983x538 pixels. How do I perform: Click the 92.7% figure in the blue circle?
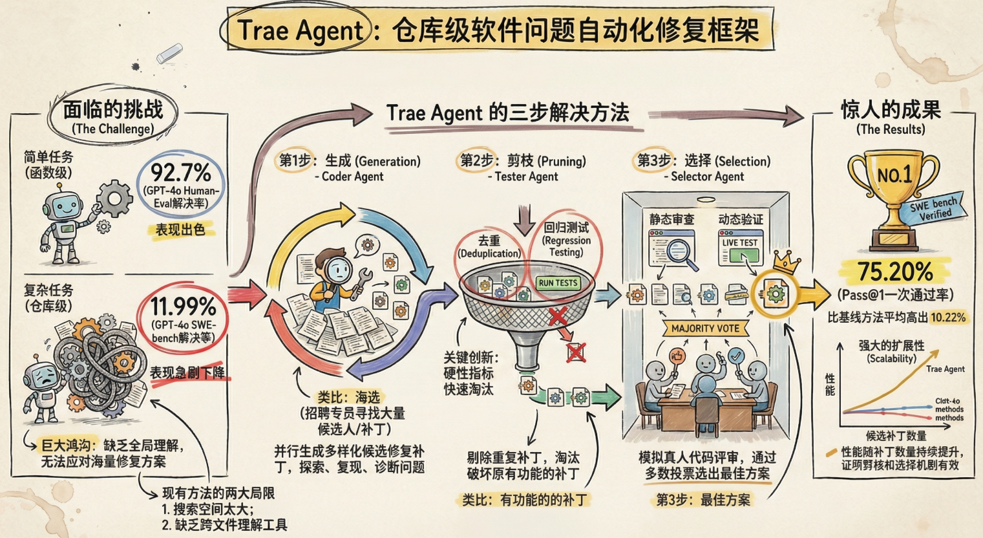tap(181, 173)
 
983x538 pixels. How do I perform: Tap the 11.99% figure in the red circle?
tap(183, 307)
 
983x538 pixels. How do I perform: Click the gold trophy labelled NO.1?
tap(894, 194)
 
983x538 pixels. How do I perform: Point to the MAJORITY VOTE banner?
tap(705, 328)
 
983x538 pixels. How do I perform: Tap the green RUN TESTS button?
tap(558, 283)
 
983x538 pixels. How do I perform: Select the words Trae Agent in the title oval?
tap(300, 30)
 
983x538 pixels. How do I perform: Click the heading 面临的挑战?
tap(113, 109)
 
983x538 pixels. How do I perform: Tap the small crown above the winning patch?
tap(787, 262)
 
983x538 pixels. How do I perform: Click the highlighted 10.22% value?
tap(948, 317)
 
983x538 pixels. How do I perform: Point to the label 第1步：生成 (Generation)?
tap(350, 161)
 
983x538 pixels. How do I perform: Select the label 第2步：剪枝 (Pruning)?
tap(523, 161)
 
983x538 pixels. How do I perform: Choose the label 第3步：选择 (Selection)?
tap(704, 161)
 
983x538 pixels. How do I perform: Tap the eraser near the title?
tap(170, 54)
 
